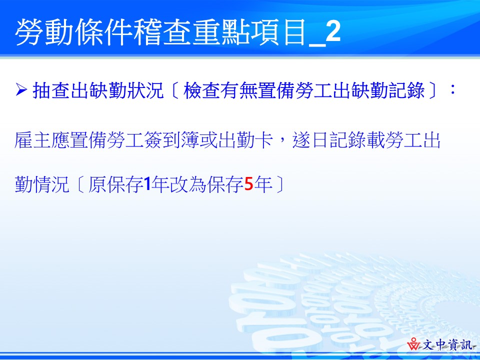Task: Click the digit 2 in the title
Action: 333,31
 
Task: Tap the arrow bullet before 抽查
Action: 21,89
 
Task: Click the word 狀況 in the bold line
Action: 145,90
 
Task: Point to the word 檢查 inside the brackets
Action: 201,90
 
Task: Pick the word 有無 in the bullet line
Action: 239,90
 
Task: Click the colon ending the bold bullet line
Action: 453,89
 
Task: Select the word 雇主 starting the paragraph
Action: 33,140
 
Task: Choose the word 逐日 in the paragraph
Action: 310,140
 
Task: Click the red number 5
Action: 249,184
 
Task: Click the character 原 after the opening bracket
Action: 97,184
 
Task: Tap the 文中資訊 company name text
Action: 447,345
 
